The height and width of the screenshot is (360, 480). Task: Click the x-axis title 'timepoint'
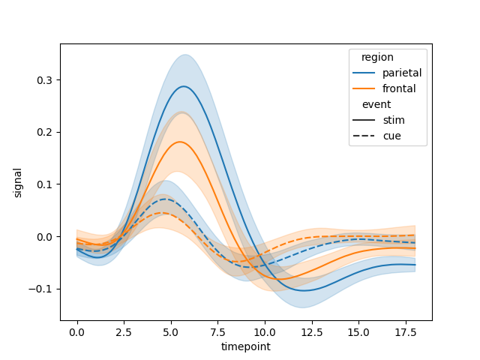246,346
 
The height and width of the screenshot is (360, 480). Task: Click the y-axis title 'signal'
17,183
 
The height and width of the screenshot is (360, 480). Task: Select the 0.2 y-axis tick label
45,132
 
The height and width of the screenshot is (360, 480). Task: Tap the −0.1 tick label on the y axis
40,289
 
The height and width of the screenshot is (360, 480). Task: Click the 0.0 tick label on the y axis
45,237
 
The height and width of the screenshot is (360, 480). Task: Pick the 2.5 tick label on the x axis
124,332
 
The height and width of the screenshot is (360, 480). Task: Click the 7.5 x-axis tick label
217,332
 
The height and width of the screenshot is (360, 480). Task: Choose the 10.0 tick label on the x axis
265,332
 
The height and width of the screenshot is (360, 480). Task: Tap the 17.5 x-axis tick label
406,332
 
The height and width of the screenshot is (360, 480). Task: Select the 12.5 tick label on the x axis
312,332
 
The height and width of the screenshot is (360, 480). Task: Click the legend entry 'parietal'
402,73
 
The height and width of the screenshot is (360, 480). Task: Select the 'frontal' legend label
399,88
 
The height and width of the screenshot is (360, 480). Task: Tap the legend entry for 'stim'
394,120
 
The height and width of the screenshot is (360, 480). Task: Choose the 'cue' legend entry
392,136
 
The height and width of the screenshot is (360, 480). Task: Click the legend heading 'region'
377,57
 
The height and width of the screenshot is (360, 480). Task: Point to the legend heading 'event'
376,104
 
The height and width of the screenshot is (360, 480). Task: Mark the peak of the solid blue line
184,86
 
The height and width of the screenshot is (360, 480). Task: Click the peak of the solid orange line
180,142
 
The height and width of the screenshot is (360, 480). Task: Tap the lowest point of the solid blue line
304,290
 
